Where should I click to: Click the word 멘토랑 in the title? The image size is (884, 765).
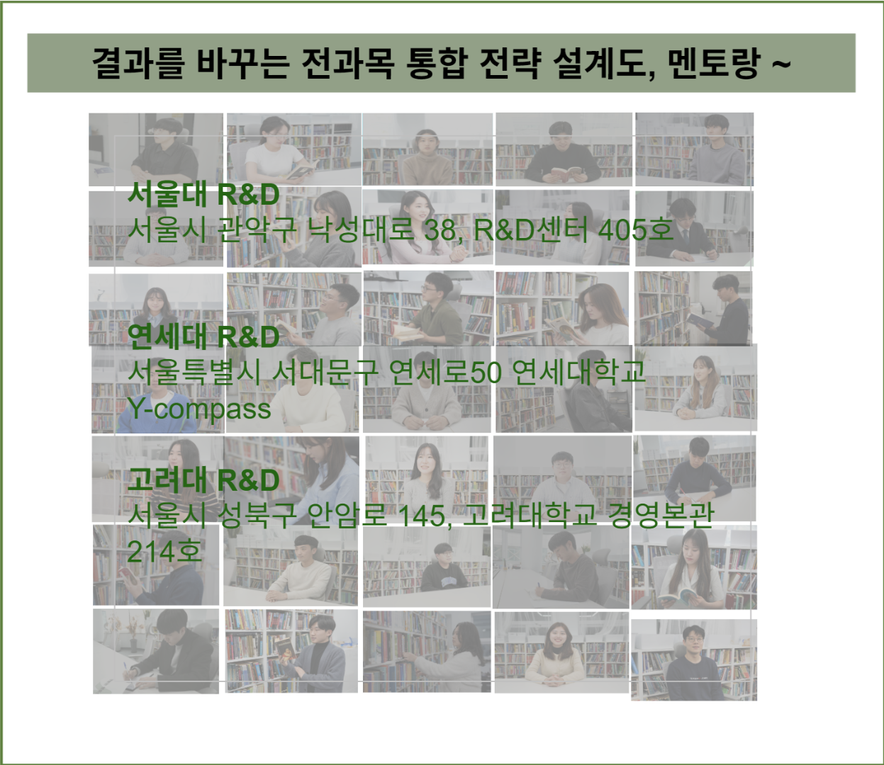(713, 63)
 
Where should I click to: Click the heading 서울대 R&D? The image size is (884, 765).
(203, 194)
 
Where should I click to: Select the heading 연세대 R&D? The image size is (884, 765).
(203, 336)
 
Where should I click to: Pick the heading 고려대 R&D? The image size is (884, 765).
(203, 480)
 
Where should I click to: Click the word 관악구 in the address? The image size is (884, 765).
(257, 229)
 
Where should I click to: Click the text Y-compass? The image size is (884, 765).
(199, 409)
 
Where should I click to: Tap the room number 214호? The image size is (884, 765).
(164, 552)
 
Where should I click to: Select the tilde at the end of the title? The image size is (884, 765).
(780, 63)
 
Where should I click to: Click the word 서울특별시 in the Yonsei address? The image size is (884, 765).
(194, 372)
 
